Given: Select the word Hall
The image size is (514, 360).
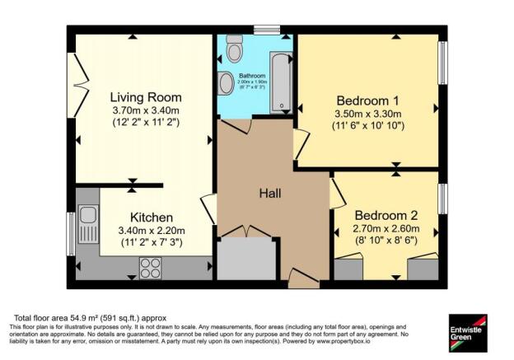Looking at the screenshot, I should pyautogui.click(x=271, y=194).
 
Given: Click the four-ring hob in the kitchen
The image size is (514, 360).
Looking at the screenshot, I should pyautogui.click(x=151, y=266).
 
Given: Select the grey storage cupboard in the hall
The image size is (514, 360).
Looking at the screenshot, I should pyautogui.click(x=245, y=259).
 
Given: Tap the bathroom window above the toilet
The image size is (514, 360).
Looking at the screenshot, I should pyautogui.click(x=266, y=30).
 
